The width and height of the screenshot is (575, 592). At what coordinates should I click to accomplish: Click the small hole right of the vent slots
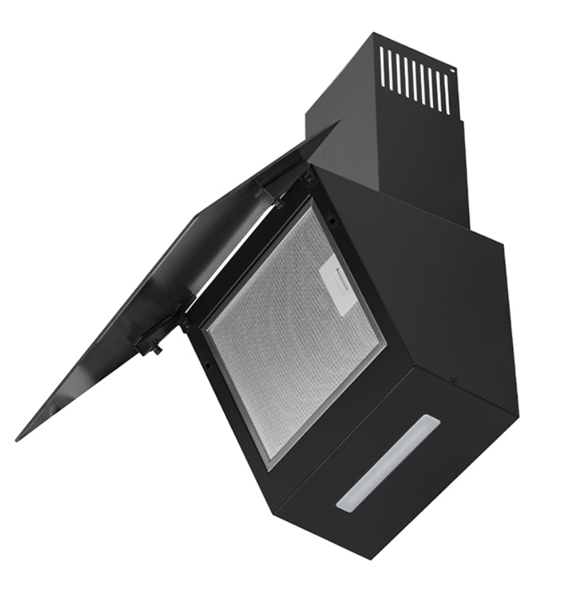pyautogui.click(x=453, y=70)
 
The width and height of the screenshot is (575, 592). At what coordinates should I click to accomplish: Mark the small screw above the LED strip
pyautogui.click(x=453, y=380)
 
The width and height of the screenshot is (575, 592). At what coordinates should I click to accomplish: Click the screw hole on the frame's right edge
pyautogui.click(x=332, y=222)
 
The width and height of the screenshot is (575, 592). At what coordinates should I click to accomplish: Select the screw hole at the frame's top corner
pyautogui.click(x=307, y=178)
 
